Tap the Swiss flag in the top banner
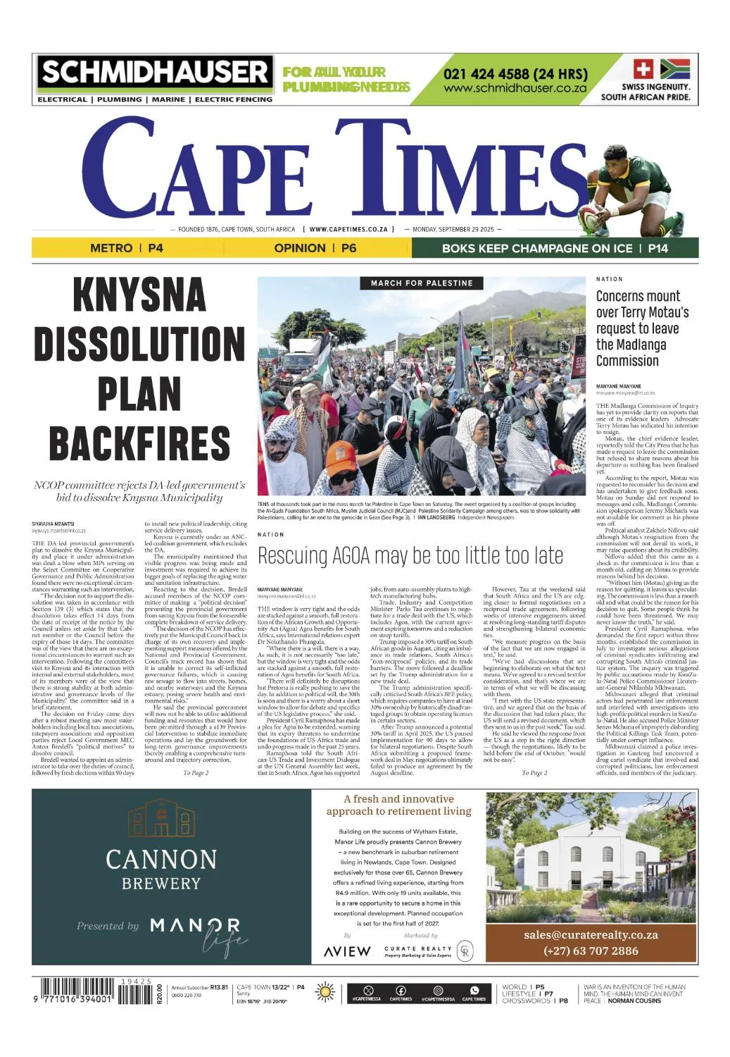pyautogui.click(x=643, y=69)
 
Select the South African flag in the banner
pyautogui.click(x=675, y=69)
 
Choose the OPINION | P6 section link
pyautogui.click(x=315, y=248)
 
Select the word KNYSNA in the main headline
pyautogui.click(x=139, y=295)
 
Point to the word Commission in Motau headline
pyautogui.click(x=627, y=361)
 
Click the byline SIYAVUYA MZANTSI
pyautogui.click(x=53, y=524)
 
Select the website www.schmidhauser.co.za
pyautogui.click(x=515, y=89)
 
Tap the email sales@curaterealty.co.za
pyautogui.click(x=591, y=935)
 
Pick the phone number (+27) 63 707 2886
pyautogui.click(x=591, y=951)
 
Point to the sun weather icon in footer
pyautogui.click(x=325, y=991)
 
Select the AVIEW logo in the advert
pyautogui.click(x=347, y=951)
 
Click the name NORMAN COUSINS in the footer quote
pyautogui.click(x=634, y=1001)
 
